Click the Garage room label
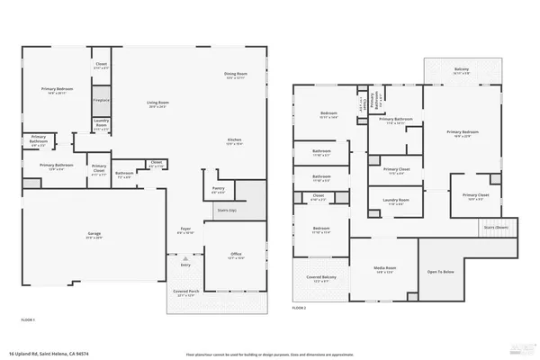[94, 234]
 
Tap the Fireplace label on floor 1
[101, 100]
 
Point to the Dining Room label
[236, 73]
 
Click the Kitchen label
[234, 139]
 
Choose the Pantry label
[218, 189]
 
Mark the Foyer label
[186, 229]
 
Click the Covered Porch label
[185, 292]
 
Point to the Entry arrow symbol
[185, 258]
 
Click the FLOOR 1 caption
[28, 319]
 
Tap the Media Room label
[384, 269]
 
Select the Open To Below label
[440, 271]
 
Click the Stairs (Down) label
[496, 228]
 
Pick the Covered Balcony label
[319, 277]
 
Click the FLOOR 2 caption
[299, 308]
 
